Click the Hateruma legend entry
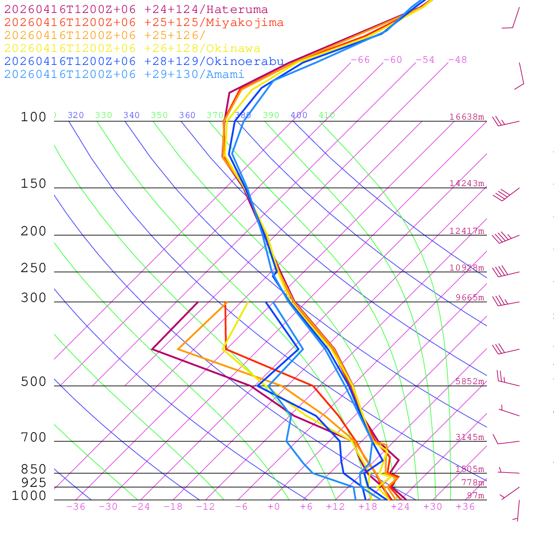point(136,10)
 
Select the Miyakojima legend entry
point(143,23)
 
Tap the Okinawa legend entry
point(132,49)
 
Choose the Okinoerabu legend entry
point(143,62)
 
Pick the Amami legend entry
point(124,75)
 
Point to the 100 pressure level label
point(34,117)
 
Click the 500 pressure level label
point(34,382)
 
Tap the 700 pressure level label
point(34,438)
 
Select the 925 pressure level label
point(34,483)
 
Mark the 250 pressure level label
point(34,268)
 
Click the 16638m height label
point(467,117)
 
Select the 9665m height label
point(470,298)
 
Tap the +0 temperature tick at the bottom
point(274,507)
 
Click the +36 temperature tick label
point(465,507)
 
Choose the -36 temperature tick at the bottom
point(76,507)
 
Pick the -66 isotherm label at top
point(360,60)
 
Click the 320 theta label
point(76,115)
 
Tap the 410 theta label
point(327,115)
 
